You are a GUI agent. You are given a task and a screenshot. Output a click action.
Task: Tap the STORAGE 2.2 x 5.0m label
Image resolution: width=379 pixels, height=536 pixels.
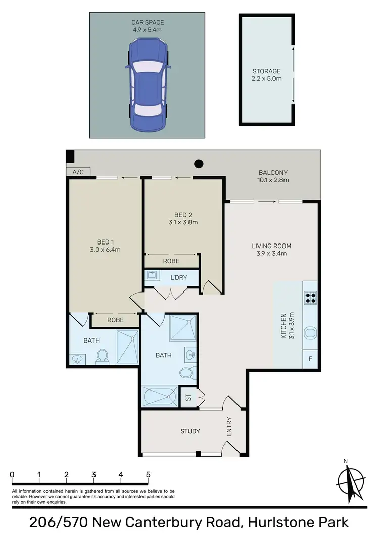tap(266, 75)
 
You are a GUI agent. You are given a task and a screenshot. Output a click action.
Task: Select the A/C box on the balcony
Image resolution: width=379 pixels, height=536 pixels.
tap(78, 172)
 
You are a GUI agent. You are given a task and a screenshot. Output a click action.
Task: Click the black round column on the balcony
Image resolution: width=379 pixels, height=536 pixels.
tap(199, 164)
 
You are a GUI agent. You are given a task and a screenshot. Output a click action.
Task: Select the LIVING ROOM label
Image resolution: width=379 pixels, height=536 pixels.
tap(271, 250)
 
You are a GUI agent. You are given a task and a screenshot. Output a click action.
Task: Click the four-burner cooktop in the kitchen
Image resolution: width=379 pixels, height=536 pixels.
tap(310, 298)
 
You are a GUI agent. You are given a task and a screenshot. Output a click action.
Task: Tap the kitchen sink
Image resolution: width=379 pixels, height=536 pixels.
tap(310, 333)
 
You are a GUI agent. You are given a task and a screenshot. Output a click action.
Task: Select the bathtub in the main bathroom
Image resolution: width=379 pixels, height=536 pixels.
tap(160, 397)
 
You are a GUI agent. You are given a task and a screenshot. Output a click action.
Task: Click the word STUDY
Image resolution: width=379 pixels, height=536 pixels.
tap(190, 431)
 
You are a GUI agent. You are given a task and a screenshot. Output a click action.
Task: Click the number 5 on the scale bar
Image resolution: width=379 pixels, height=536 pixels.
tap(148, 475)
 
